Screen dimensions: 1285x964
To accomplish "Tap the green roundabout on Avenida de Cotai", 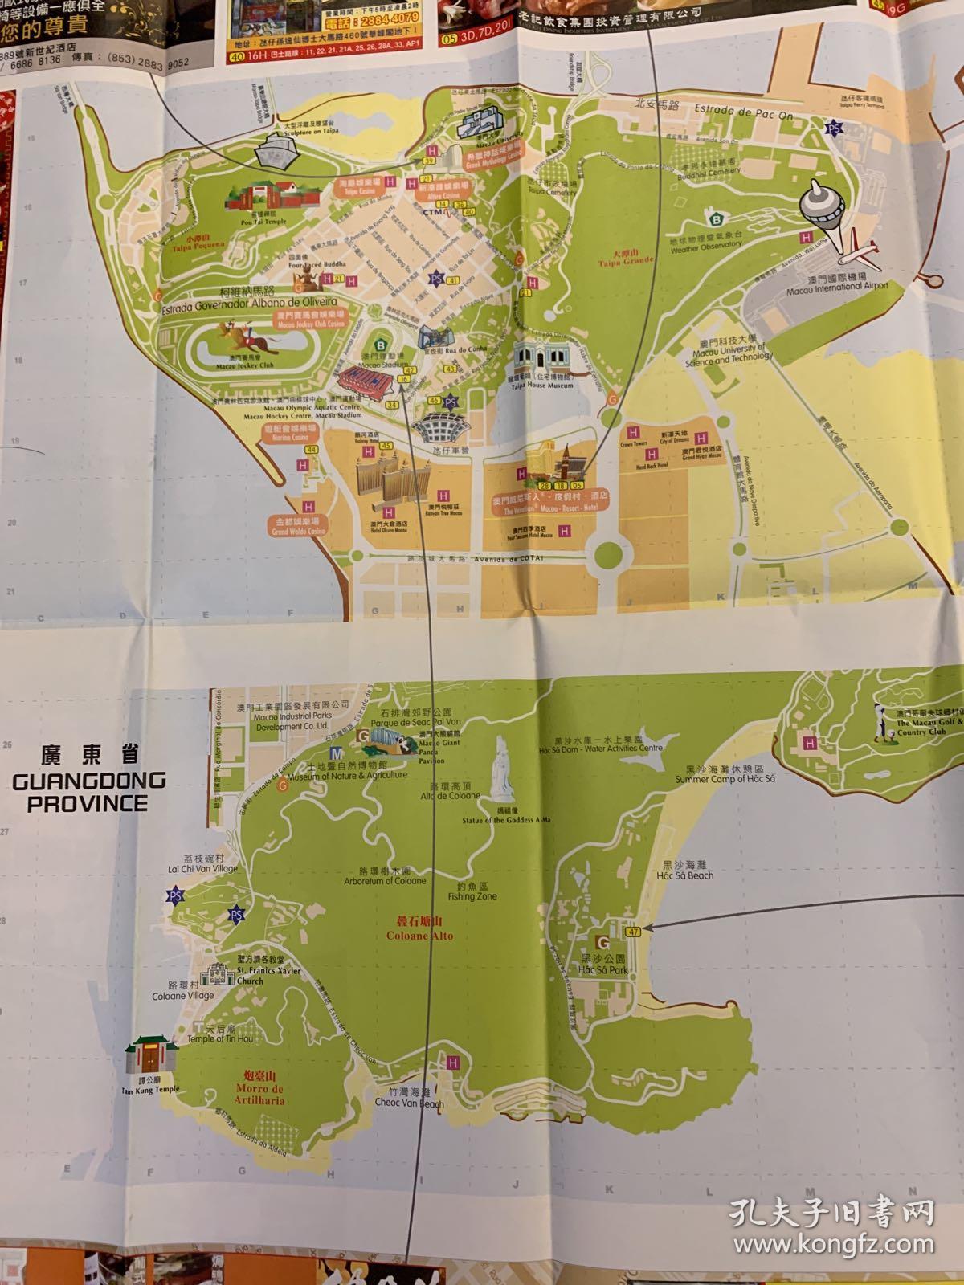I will [x=609, y=553].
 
